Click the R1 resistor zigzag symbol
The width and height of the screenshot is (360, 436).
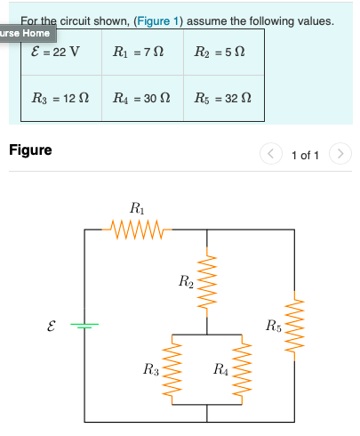[x=136, y=230]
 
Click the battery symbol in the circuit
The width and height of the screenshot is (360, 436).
[x=84, y=326]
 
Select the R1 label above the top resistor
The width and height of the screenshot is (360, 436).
[x=136, y=209]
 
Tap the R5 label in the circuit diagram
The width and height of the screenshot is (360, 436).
[x=274, y=323]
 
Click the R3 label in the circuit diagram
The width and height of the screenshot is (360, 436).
[x=151, y=367]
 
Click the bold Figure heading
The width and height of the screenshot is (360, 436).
[x=30, y=150]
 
